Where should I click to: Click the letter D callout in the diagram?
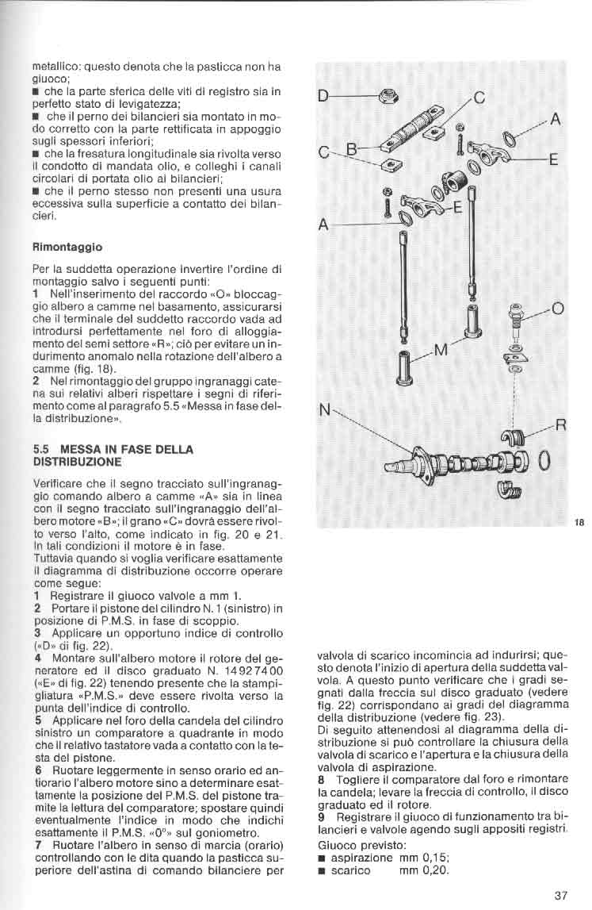pos(323,97)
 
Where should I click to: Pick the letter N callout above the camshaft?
pos(323,410)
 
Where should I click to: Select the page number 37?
pos(560,895)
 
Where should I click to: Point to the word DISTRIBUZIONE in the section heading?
pos(77,461)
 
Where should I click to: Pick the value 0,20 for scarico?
pos(430,870)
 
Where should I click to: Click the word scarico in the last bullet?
pos(351,870)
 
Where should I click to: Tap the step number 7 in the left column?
pos(37,845)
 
